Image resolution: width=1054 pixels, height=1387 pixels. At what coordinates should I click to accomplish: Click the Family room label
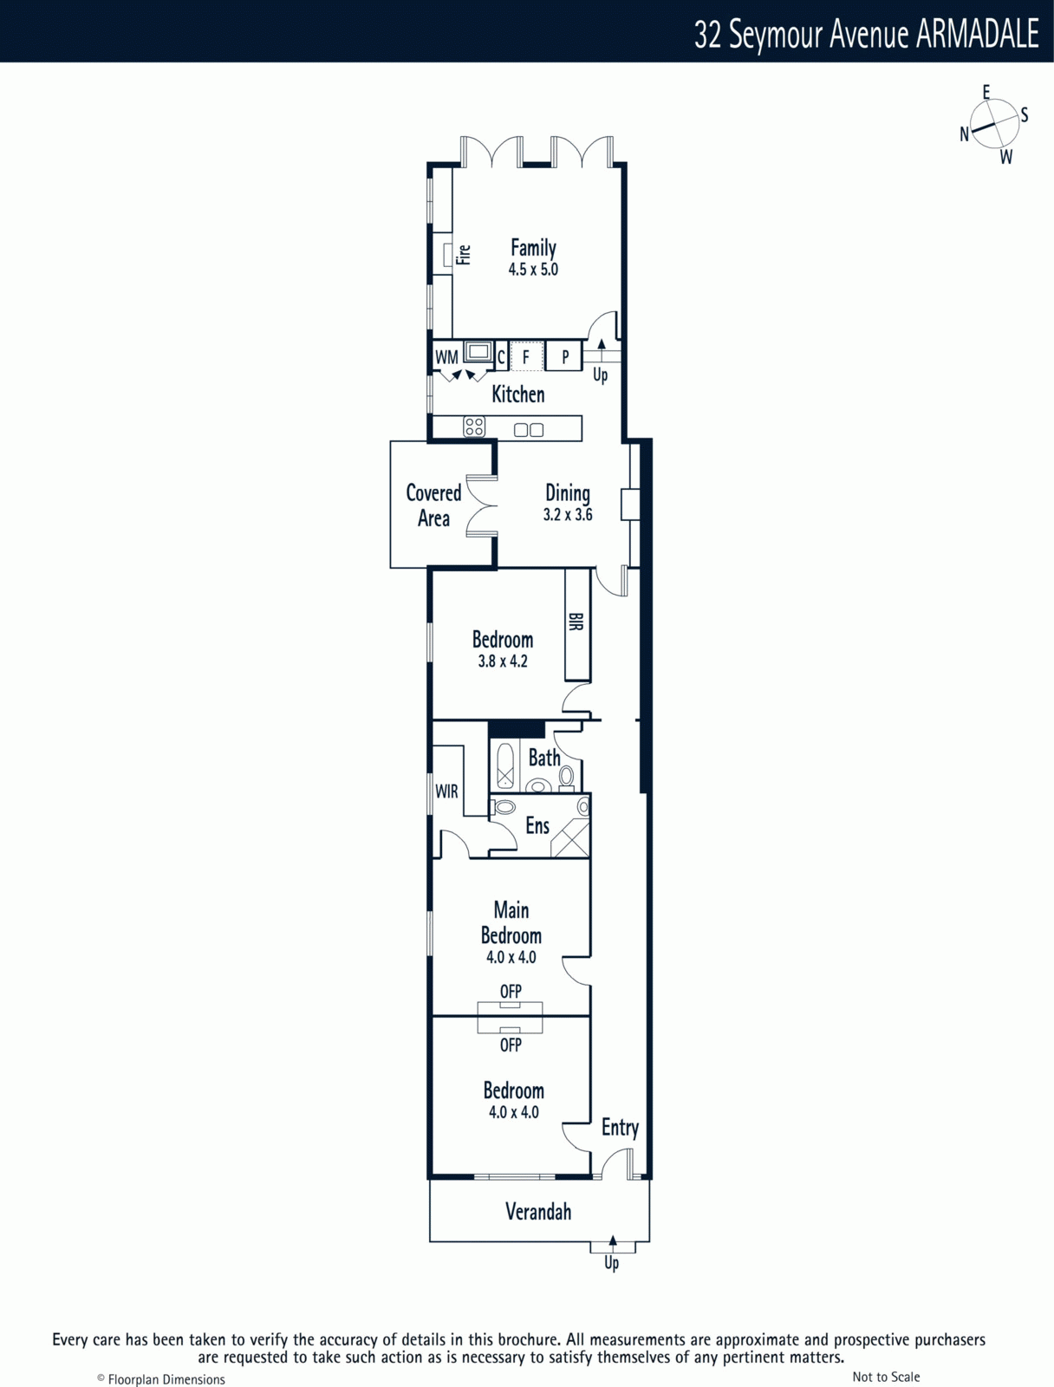pos(533,248)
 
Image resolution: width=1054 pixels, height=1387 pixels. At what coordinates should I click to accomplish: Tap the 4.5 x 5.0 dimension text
pos(533,270)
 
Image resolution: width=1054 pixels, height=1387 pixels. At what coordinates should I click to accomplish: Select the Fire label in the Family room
pos(464,255)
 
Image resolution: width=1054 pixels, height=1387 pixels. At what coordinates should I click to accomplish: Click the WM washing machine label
pos(446,357)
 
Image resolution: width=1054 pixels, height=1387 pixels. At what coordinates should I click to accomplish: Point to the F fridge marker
pos(525,358)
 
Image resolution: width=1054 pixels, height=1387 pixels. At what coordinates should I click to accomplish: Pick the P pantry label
pos(565,358)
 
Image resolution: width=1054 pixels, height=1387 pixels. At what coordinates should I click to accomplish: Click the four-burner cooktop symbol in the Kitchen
pos(474,427)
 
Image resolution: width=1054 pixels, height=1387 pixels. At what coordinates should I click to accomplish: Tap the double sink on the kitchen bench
pos(529,430)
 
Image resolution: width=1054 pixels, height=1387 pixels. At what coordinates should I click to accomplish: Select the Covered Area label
pos(433,505)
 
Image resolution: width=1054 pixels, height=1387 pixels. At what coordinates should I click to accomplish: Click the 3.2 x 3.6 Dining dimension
pos(568,514)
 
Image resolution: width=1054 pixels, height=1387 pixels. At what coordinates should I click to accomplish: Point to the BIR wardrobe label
pos(576,622)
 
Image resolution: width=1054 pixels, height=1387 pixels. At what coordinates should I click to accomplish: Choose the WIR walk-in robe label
pos(446,791)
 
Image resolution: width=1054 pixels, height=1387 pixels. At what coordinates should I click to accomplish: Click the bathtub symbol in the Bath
pos(505,765)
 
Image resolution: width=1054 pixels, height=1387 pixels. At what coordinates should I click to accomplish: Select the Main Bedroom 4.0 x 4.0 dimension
pos(511,957)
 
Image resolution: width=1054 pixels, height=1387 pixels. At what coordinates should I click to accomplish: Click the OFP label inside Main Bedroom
pos(511,992)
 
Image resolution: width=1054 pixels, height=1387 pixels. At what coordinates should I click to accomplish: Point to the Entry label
pos(620,1128)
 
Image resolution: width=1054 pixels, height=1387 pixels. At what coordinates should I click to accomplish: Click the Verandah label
pos(538,1211)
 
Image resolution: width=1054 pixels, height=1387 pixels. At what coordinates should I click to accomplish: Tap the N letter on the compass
pos(965,134)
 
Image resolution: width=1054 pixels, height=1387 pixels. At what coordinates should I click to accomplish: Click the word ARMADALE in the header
pos(977,34)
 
